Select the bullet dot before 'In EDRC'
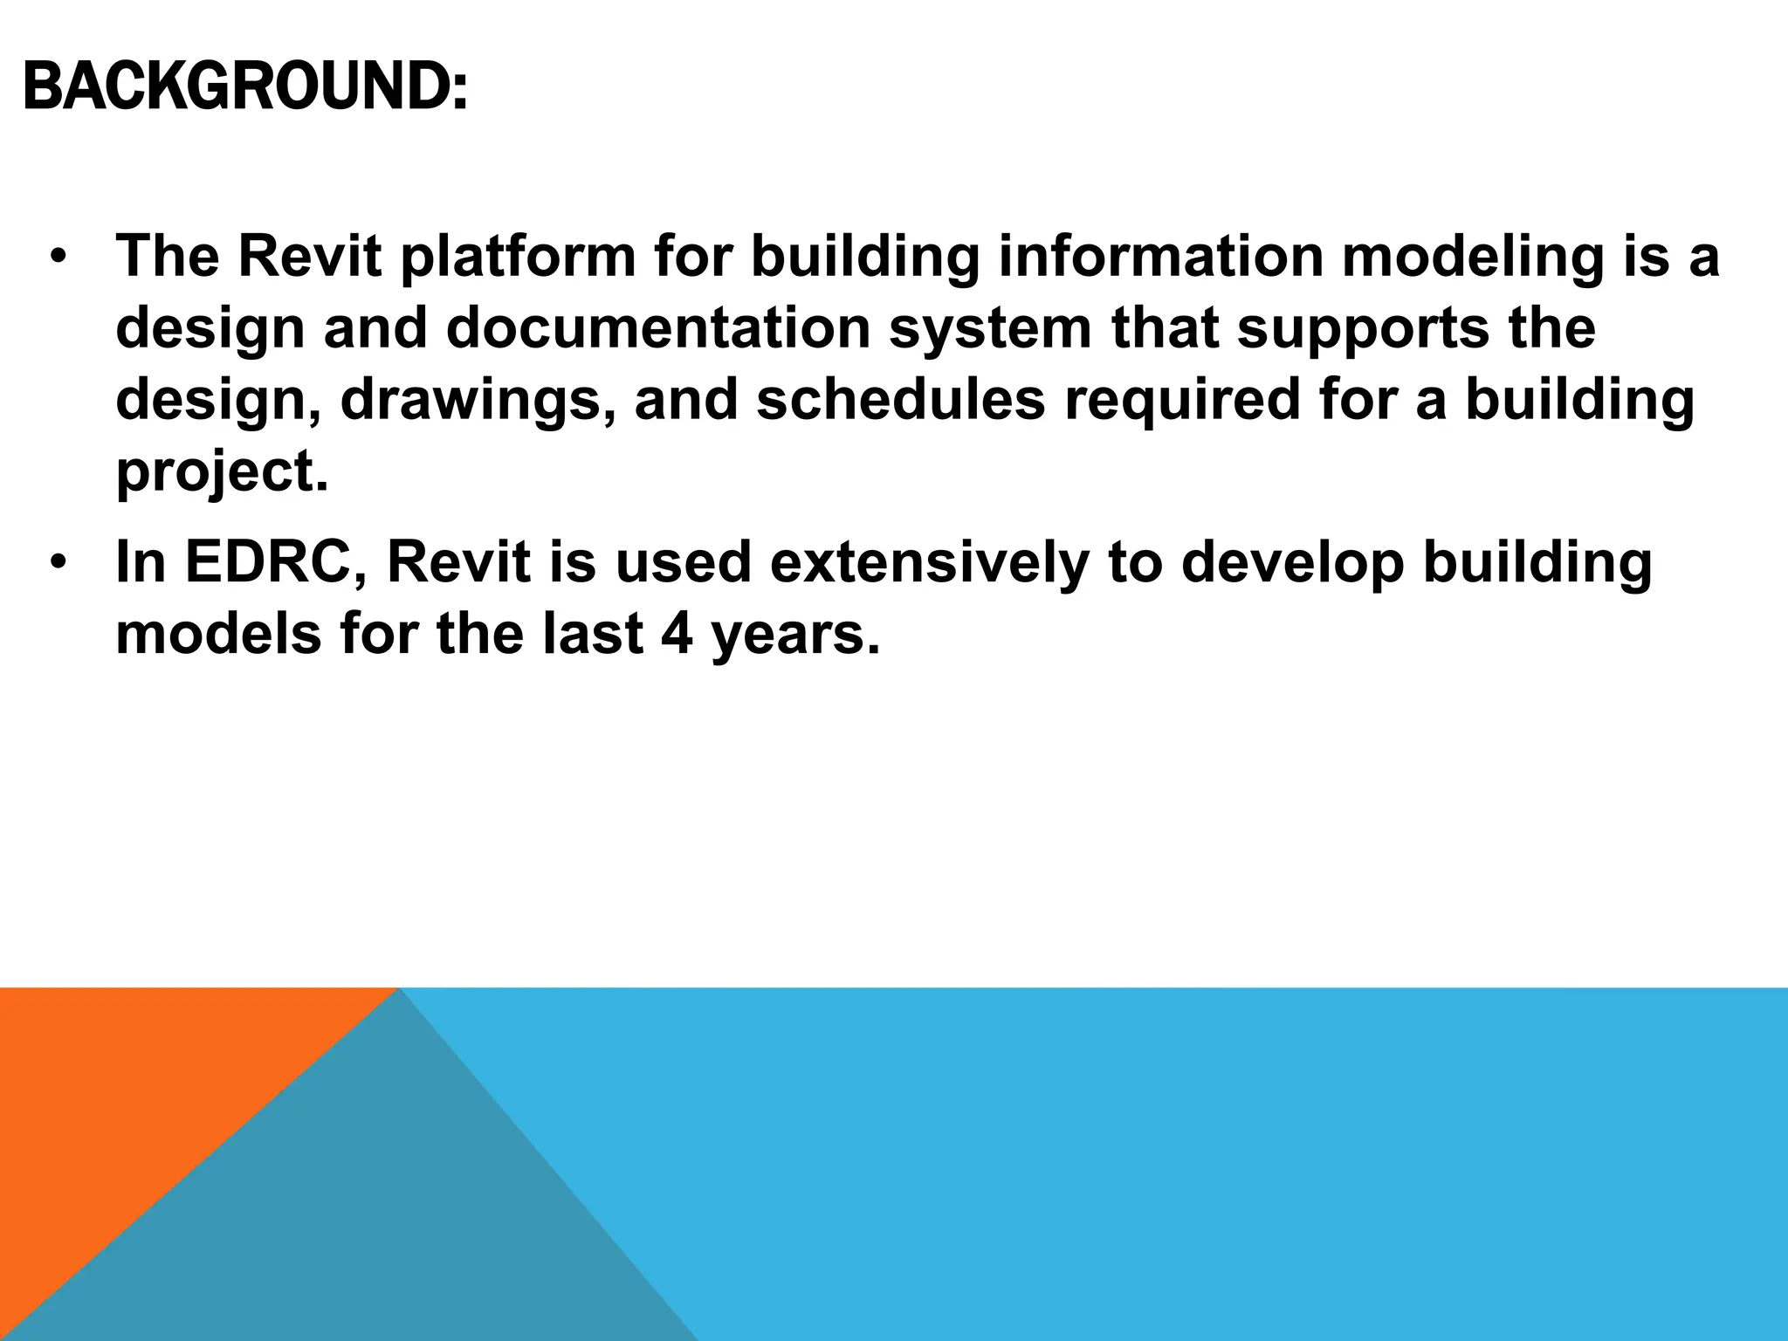[58, 562]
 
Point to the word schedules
[899, 400]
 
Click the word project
[223, 473]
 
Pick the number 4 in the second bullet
[677, 634]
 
